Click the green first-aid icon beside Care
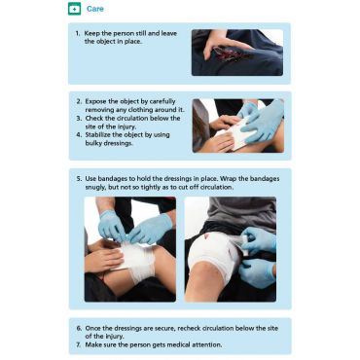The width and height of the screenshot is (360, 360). click(74, 9)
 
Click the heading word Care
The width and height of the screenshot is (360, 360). click(95, 9)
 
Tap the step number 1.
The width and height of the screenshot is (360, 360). click(77, 33)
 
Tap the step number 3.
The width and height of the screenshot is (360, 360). click(79, 118)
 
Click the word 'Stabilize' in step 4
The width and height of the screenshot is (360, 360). click(98, 134)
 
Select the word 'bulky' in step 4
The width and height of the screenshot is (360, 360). click(93, 143)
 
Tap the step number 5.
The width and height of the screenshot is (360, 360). click(79, 179)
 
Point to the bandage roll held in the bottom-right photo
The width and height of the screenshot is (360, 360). click(244, 244)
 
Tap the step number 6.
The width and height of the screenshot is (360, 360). click(79, 328)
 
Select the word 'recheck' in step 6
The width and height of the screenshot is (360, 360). click(189, 328)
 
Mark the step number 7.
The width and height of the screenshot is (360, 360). click(79, 344)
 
